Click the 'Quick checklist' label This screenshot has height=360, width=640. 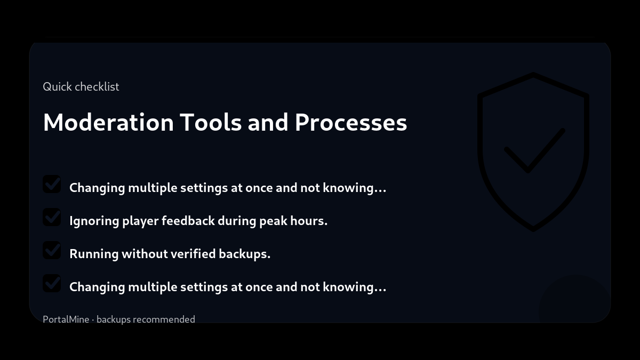[81, 86]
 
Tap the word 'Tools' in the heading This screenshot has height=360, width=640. [210, 122]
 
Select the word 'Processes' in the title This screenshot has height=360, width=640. [351, 122]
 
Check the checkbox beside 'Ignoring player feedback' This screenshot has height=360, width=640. [52, 218]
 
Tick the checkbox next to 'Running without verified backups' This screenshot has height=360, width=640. [52, 251]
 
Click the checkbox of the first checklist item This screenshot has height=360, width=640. [52, 185]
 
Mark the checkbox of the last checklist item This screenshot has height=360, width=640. [52, 284]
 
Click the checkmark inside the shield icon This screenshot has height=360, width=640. [533, 152]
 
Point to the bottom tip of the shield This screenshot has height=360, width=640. [533, 229]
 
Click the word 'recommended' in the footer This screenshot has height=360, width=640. [164, 319]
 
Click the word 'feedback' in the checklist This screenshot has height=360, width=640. [188, 221]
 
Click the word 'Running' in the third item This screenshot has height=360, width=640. [94, 254]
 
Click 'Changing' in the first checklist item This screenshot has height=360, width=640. [97, 188]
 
